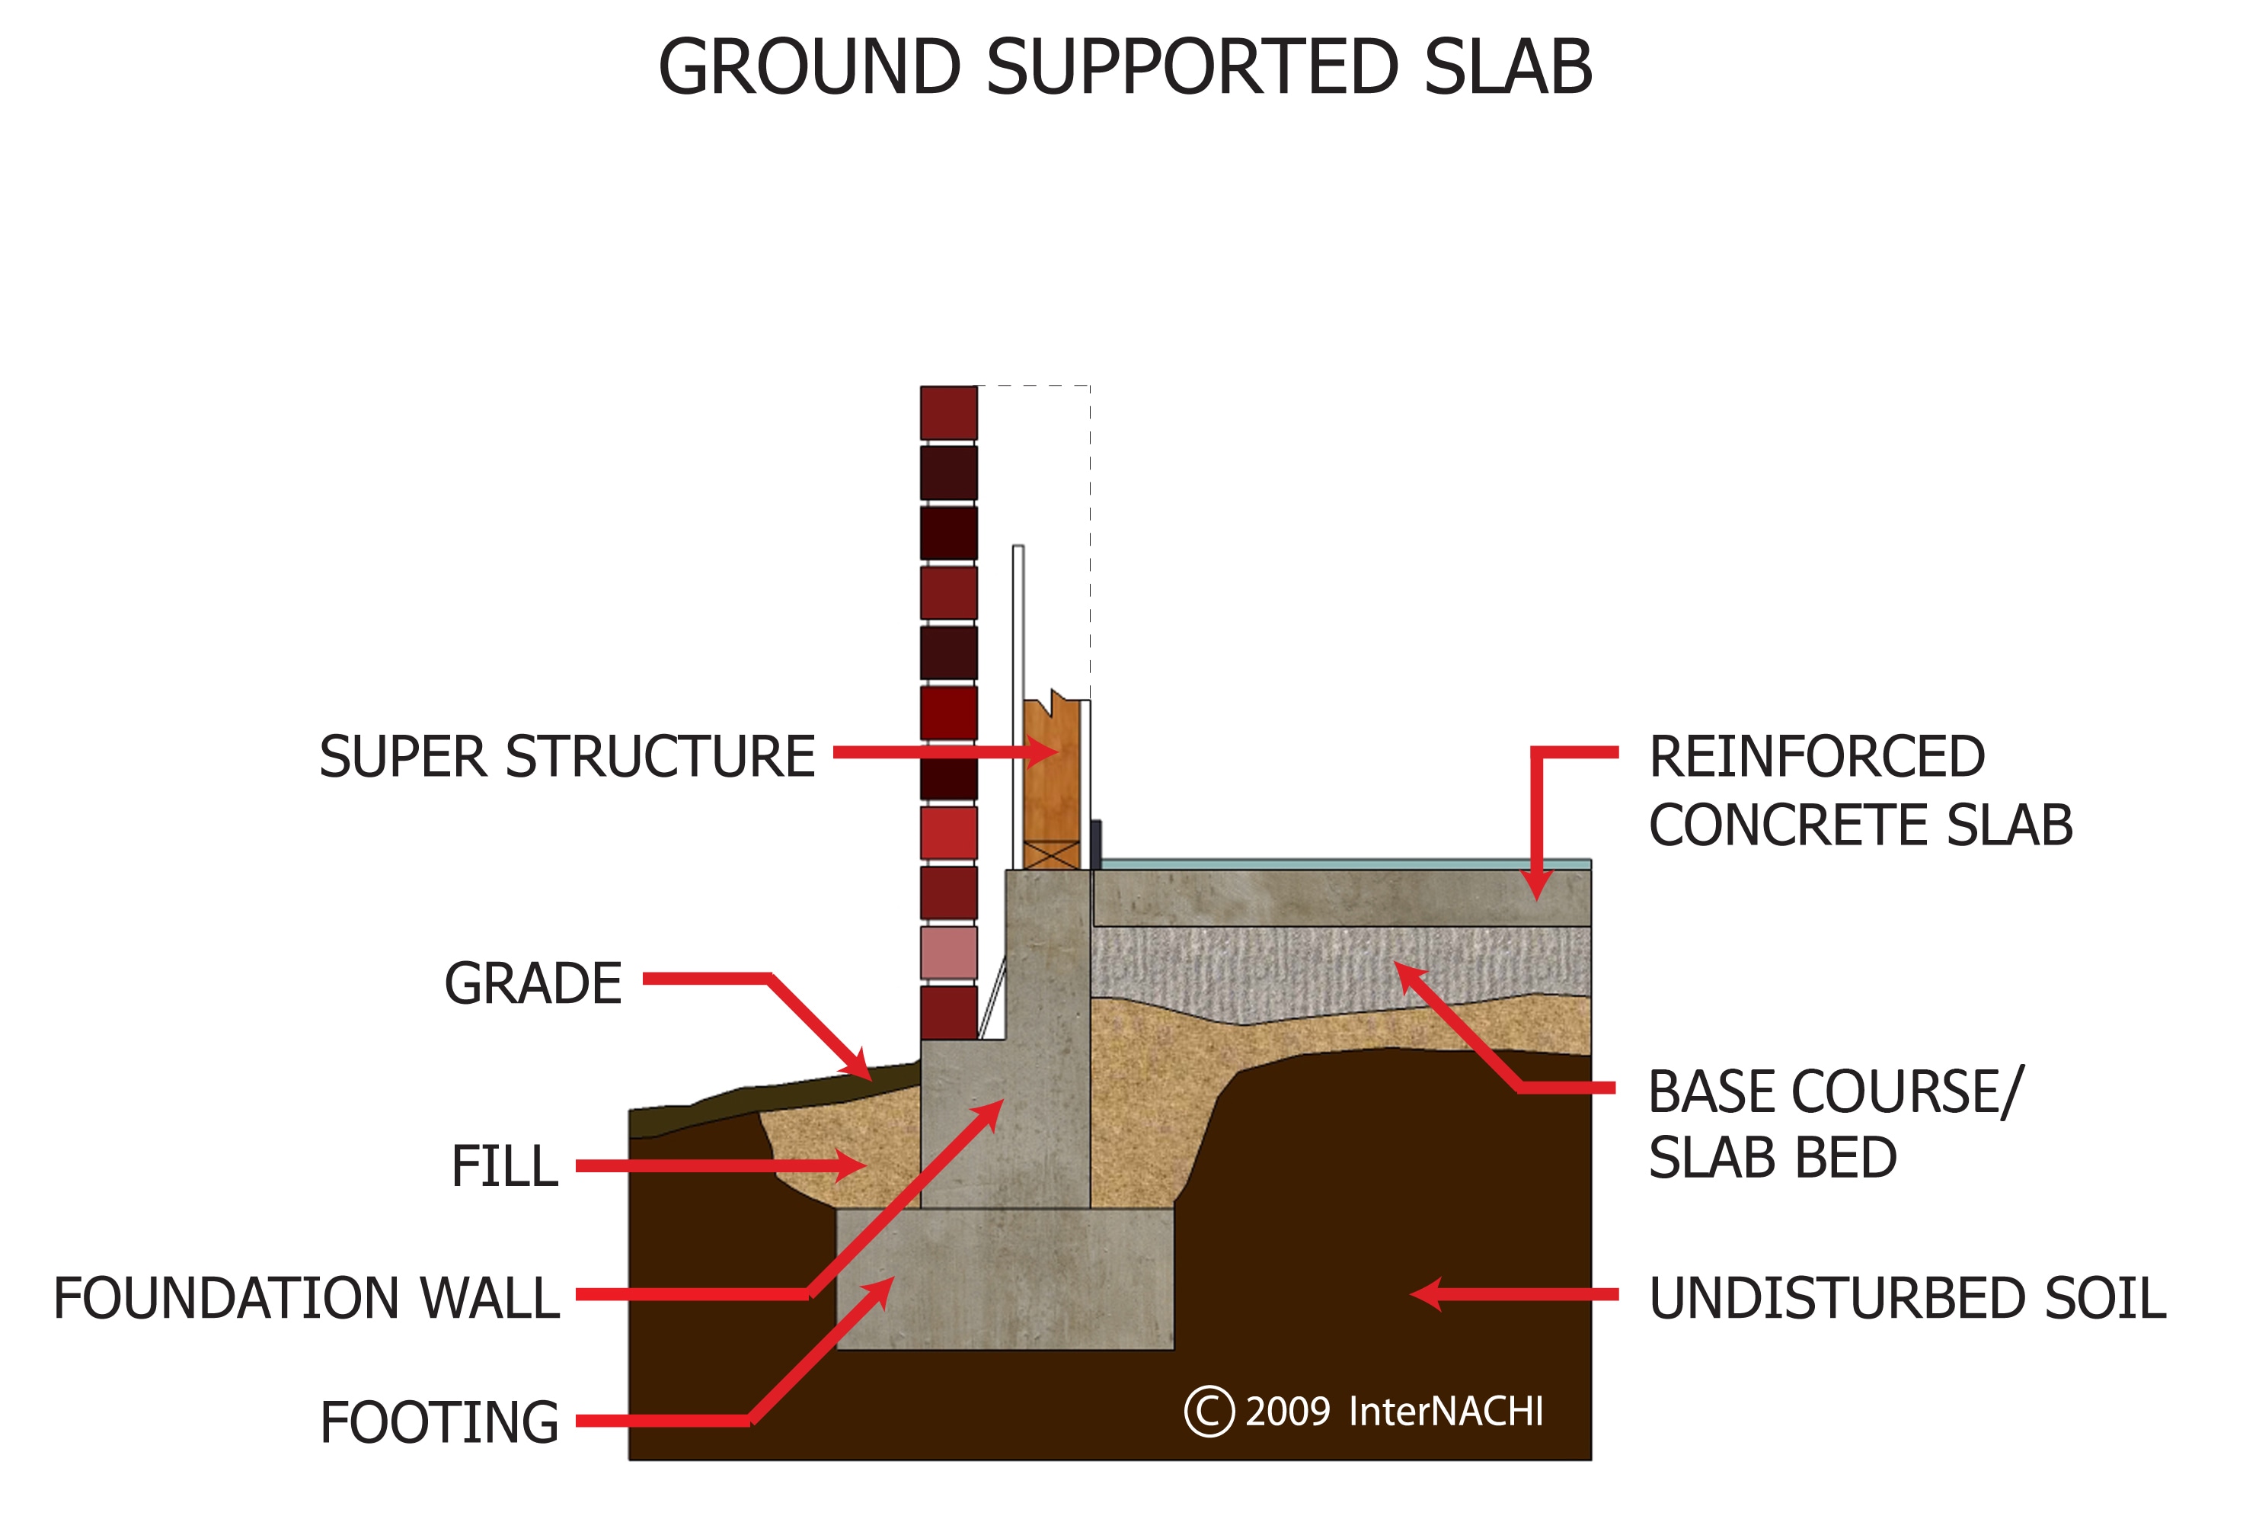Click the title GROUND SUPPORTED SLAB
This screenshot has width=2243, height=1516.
click(x=1124, y=68)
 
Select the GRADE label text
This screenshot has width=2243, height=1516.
click(x=533, y=984)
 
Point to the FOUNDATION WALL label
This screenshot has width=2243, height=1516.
click(x=306, y=1298)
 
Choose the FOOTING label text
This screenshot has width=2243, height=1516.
click(x=439, y=1422)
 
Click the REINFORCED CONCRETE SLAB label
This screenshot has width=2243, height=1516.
click(x=1860, y=791)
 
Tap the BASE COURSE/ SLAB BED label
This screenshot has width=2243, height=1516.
click(x=1834, y=1125)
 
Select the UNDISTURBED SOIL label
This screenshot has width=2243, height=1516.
click(x=1907, y=1298)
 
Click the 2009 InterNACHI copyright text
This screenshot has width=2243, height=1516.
click(x=1394, y=1412)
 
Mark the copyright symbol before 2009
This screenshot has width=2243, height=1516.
click(x=1209, y=1412)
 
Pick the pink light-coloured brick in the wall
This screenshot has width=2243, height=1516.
click(x=947, y=953)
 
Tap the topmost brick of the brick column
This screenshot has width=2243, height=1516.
click(x=947, y=412)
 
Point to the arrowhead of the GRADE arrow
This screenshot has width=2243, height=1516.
click(x=859, y=1067)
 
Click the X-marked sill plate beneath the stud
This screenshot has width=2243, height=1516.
click(x=1051, y=855)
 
